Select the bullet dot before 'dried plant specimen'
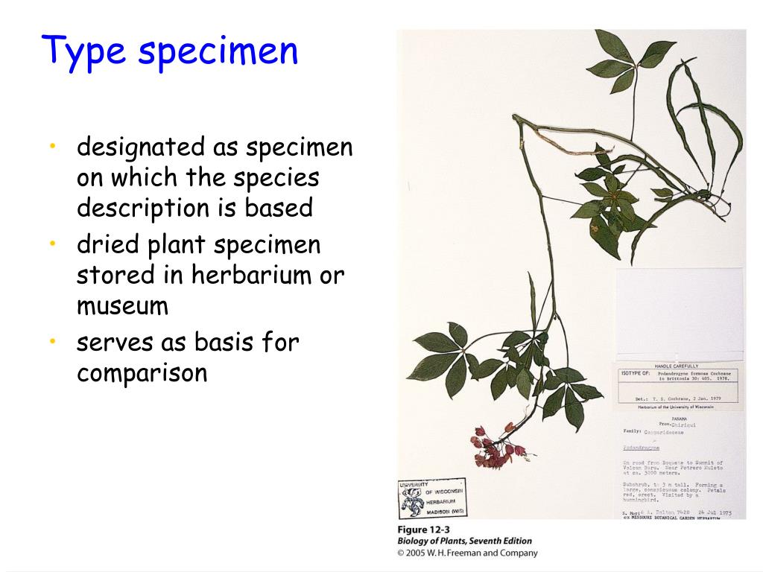(53, 244)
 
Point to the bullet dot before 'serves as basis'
(53, 341)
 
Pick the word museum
(122, 305)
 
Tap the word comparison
(142, 372)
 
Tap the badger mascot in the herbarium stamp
(411, 503)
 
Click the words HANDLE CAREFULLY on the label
(676, 366)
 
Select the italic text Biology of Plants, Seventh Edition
(464, 541)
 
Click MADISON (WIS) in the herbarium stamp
(444, 511)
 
